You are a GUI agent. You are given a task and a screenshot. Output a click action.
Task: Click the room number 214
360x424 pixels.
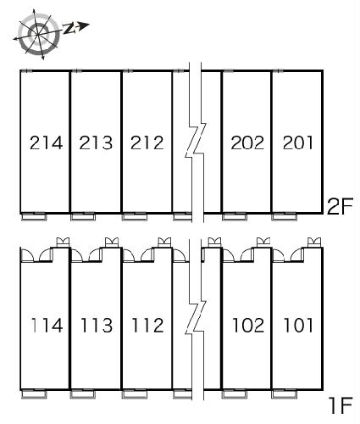[x=46, y=142]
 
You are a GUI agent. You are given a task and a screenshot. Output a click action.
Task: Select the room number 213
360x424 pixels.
[x=96, y=142]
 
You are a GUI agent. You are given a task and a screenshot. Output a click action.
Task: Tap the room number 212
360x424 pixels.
[x=147, y=142]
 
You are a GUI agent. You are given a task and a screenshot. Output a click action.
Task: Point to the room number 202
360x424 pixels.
[x=247, y=142]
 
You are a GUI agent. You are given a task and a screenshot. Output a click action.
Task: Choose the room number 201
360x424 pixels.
[x=298, y=142]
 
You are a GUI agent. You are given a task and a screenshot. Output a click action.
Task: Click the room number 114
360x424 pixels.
[x=47, y=325]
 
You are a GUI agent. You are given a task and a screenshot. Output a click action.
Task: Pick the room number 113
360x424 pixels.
[x=97, y=325]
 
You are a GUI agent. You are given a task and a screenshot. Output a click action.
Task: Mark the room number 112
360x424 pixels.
[x=147, y=325]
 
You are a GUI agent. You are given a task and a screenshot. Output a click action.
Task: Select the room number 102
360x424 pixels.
[x=248, y=325]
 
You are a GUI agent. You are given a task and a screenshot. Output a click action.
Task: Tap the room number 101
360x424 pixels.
[x=298, y=325]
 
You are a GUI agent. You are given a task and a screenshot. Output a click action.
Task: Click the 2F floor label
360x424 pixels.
[x=340, y=207]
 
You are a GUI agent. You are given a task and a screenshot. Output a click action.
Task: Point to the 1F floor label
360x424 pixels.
[x=341, y=405]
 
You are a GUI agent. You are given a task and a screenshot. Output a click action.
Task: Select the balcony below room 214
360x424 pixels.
[x=34, y=216]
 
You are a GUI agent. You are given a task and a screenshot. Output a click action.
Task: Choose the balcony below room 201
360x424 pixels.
[x=285, y=216]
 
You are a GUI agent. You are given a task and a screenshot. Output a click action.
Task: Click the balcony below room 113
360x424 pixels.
[x=83, y=394]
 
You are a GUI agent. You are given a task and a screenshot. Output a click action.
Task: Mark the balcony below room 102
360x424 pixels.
[x=235, y=394]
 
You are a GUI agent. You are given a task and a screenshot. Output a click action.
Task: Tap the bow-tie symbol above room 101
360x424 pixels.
[x=314, y=243]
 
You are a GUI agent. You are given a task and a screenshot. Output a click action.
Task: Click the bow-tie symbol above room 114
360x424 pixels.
[x=64, y=243]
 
